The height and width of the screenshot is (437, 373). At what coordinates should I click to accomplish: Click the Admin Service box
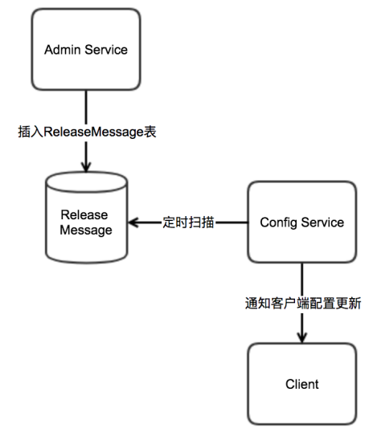click(86, 49)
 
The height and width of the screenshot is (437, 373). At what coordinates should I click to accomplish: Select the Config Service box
click(302, 222)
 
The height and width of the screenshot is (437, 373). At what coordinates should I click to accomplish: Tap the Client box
click(302, 384)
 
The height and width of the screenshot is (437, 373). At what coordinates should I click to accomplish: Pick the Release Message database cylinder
click(87, 218)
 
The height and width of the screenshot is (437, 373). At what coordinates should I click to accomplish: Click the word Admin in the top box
click(63, 50)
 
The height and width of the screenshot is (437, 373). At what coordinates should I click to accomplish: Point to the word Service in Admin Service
click(106, 50)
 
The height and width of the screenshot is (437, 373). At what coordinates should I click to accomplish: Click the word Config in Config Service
click(279, 223)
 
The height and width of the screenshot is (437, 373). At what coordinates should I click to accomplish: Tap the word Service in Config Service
click(322, 223)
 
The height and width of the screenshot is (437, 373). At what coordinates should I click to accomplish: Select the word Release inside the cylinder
click(84, 214)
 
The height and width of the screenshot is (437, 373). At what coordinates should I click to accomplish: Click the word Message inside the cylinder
click(86, 231)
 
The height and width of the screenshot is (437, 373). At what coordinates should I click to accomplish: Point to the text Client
click(302, 384)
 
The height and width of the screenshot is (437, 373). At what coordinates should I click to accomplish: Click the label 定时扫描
click(189, 223)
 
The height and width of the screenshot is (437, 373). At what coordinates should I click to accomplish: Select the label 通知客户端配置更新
click(303, 303)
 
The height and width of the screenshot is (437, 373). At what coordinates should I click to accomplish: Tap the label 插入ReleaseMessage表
click(87, 132)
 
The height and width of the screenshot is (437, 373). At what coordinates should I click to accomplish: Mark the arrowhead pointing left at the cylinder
click(133, 223)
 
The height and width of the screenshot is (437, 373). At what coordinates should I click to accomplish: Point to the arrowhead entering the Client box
click(302, 337)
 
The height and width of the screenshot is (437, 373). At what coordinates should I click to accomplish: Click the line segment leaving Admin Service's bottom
click(86, 108)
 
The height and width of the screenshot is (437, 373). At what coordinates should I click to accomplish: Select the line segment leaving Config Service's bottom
click(302, 280)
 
